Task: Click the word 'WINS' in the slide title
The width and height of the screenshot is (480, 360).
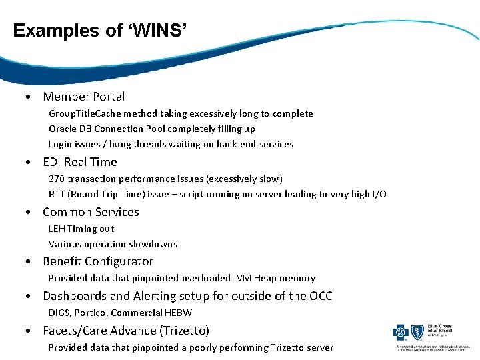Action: coord(159,31)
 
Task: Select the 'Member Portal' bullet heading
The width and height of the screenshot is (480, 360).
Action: coord(83,97)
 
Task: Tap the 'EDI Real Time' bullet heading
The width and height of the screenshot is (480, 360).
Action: coord(79,162)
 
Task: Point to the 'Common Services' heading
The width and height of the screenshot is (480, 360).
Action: coord(91,212)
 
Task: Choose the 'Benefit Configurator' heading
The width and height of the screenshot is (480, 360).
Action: coord(98,261)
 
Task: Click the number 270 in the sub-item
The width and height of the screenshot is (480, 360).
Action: coord(57,179)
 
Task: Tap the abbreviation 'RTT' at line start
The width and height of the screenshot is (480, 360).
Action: coord(57,194)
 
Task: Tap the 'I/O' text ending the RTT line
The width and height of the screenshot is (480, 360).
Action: coord(379,194)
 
